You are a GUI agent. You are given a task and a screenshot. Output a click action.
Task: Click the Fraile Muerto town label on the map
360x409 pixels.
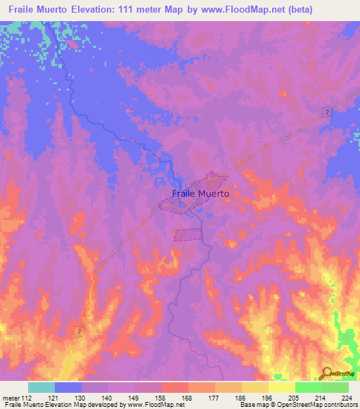tap(200, 193)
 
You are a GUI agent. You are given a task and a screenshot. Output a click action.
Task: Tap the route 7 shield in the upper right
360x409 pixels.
tap(328, 112)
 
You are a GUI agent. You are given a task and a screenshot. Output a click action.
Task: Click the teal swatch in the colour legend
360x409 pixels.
tap(41, 387)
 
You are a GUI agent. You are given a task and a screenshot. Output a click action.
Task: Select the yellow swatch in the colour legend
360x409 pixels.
tap(281, 387)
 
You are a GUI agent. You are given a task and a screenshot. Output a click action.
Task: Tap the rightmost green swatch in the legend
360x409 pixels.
tap(335, 387)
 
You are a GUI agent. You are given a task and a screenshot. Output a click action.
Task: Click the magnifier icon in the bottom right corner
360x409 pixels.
tap(326, 373)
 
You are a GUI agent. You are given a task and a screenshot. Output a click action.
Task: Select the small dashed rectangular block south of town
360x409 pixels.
tap(188, 235)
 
